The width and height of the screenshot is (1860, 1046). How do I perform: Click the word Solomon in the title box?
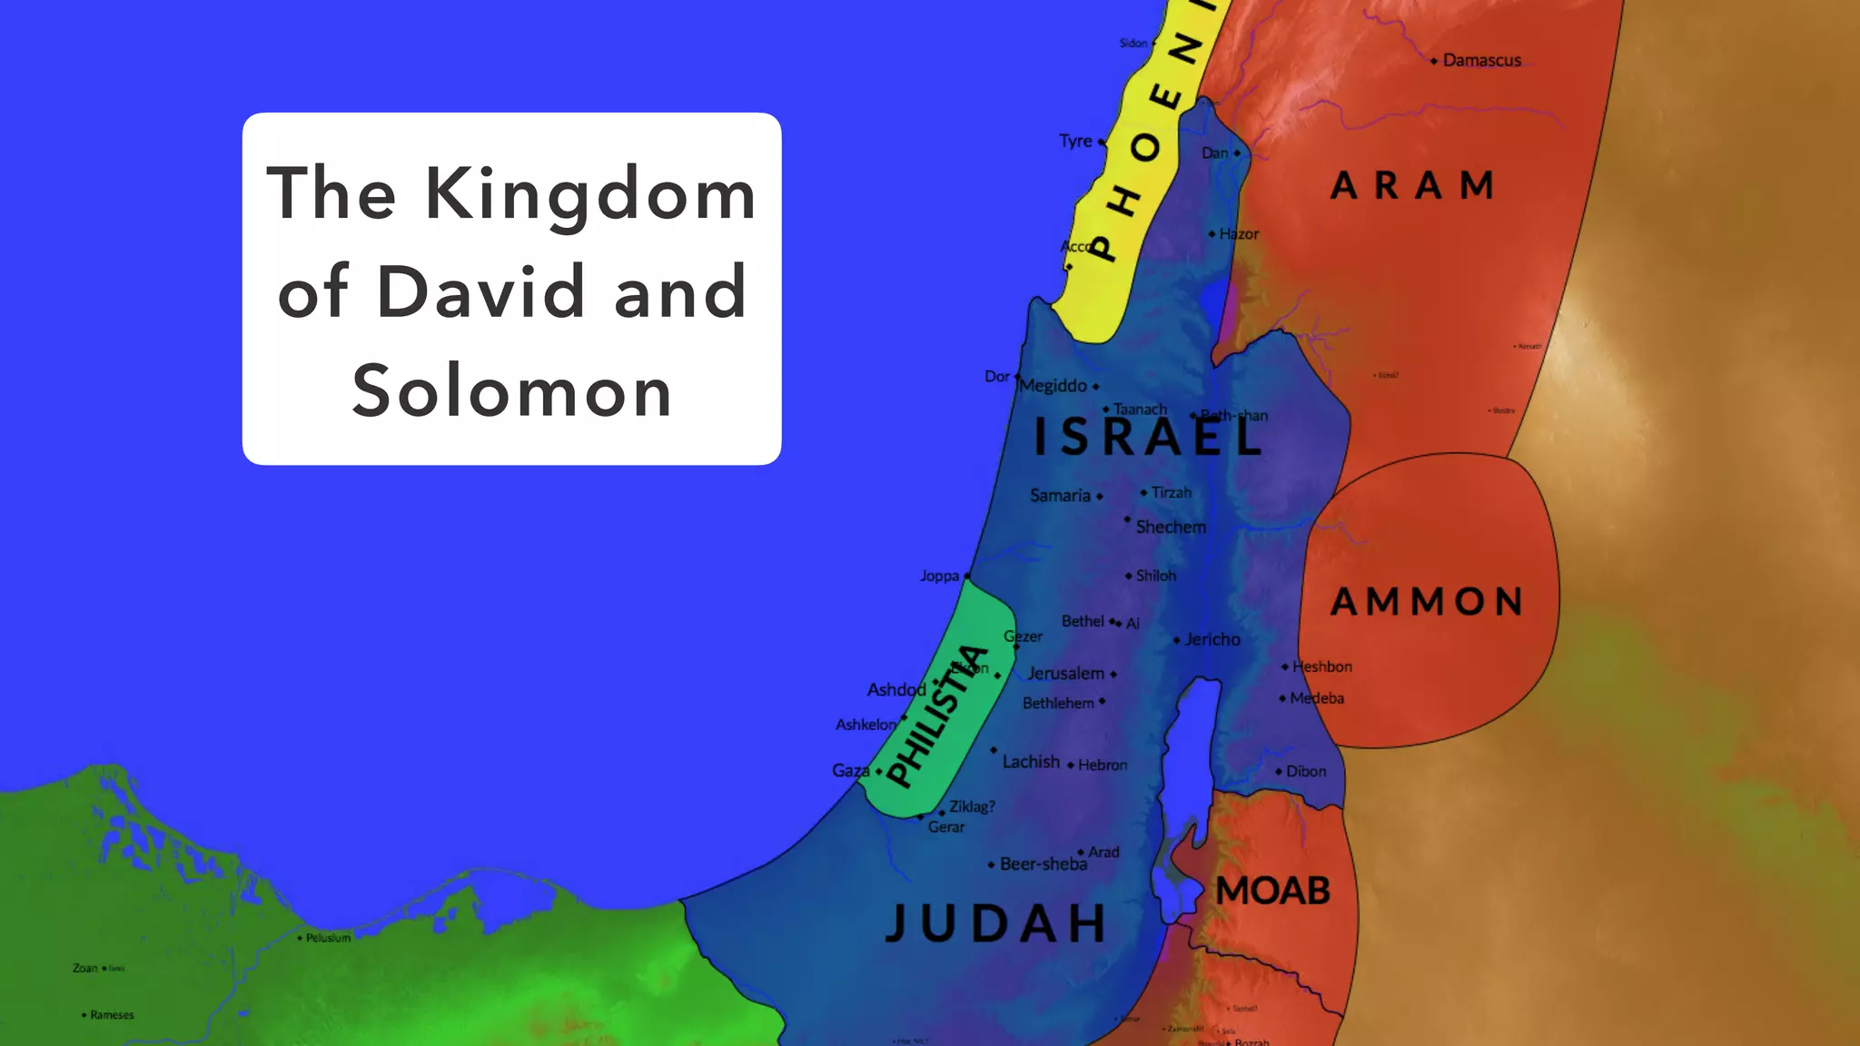(x=512, y=391)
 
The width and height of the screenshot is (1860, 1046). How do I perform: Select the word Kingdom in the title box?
(x=590, y=193)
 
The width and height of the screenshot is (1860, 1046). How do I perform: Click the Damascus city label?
(x=1481, y=61)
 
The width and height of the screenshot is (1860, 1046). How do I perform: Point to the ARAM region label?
(x=1413, y=186)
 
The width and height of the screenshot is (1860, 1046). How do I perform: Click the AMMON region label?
(x=1427, y=601)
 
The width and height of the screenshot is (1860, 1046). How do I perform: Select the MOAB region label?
(x=1272, y=891)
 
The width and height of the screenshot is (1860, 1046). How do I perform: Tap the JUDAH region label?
(x=996, y=923)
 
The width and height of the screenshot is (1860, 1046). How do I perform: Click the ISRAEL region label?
(x=1148, y=437)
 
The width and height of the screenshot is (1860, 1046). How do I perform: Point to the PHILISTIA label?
(x=937, y=715)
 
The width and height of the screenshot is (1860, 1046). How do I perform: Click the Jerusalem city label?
(x=1065, y=674)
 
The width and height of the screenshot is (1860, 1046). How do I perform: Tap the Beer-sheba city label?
(x=1043, y=864)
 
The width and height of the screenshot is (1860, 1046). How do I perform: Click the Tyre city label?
(x=1075, y=142)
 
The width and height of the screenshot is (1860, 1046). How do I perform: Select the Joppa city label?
(x=939, y=576)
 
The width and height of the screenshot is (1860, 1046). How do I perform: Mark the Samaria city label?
(x=1060, y=496)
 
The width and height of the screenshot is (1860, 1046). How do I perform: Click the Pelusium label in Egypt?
(x=328, y=938)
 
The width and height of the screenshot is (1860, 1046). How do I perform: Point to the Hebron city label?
(x=1103, y=765)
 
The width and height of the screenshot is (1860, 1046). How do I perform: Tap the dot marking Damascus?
(x=1434, y=62)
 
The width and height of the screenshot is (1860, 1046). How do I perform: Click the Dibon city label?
(x=1306, y=772)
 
